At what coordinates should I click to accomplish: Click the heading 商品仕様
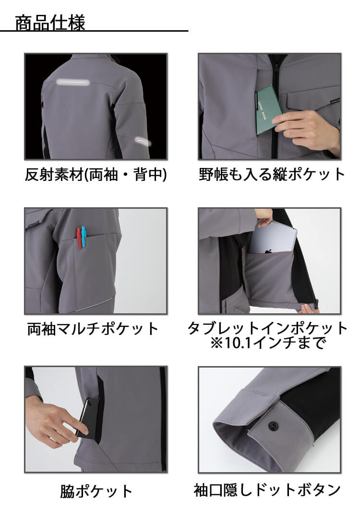pos(50,23)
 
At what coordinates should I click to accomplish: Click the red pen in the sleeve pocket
pos(79,238)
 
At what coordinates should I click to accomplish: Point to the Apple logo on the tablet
pos(268,250)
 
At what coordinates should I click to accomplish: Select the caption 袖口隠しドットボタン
pos(267,490)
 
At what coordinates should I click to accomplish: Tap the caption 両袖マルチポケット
pos(92,329)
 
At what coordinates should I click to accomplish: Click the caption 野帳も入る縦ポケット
pos(272,174)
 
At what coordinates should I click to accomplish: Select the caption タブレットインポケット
pos(267,328)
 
